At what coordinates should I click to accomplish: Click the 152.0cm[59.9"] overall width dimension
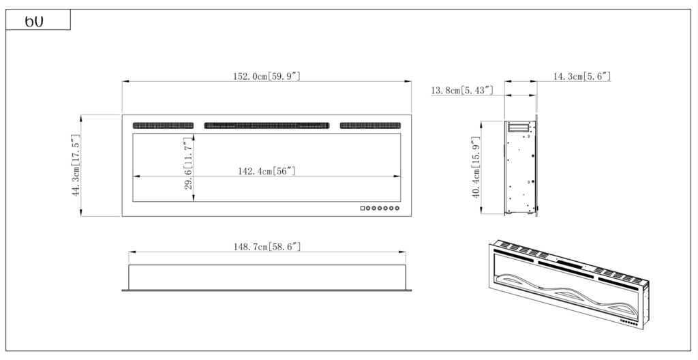[x=267, y=76]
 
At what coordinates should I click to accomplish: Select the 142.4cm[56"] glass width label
[x=267, y=170]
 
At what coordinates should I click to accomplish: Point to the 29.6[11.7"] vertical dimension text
[x=188, y=163]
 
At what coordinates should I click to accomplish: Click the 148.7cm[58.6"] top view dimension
[x=267, y=246]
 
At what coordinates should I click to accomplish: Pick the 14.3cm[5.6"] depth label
[x=582, y=76]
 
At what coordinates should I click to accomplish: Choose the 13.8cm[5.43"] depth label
[x=462, y=91]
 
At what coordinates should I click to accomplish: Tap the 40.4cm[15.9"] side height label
[x=476, y=167]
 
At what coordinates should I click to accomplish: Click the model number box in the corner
[x=38, y=20]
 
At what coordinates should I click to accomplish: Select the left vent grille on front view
[x=163, y=125]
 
